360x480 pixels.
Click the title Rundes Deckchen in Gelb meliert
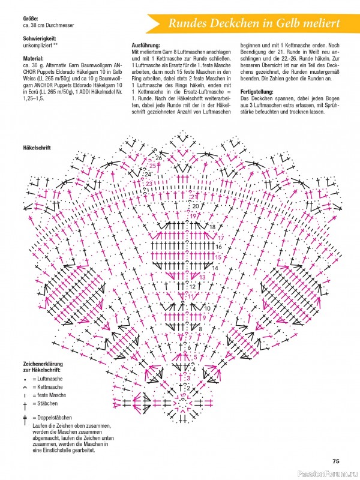[254, 23]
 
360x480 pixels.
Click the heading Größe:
[31, 19]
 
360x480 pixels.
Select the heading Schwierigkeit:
[40, 38]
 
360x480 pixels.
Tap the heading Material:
[34, 58]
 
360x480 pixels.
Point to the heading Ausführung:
[146, 46]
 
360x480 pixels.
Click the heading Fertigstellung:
[257, 92]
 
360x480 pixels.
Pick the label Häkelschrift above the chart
[37, 148]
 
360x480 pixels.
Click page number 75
[336, 461]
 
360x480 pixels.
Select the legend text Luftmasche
[50, 379]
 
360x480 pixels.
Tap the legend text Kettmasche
[50, 387]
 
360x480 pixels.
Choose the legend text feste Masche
[52, 395]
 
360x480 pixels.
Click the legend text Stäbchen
[47, 403]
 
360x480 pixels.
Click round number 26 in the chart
[158, 158]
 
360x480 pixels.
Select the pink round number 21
[194, 197]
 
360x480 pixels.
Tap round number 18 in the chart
[212, 227]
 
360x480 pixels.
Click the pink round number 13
[202, 277]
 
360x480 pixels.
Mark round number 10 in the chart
[207, 308]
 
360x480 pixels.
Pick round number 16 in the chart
[218, 247]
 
